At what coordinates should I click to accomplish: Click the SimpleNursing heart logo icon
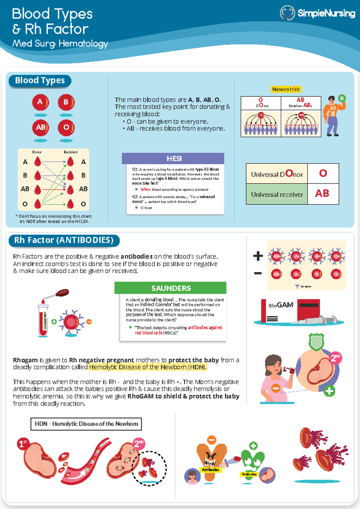click(x=287, y=13)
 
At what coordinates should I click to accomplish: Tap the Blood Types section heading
click(x=40, y=81)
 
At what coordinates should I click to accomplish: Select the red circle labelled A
click(x=40, y=102)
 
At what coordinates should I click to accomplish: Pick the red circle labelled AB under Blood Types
click(x=40, y=128)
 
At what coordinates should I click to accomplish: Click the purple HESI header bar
click(x=173, y=158)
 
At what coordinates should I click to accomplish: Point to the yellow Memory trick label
click(x=286, y=89)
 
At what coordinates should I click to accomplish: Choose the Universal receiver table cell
click(x=277, y=194)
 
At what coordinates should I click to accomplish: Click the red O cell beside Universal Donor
click(x=323, y=173)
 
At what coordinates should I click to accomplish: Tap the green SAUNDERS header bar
click(x=170, y=288)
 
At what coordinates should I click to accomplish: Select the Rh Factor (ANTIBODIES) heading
click(x=64, y=240)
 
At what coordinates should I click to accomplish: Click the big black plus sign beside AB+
click(x=258, y=256)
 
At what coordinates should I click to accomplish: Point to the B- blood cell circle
click(x=316, y=274)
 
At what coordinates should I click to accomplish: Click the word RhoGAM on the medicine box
click(x=281, y=305)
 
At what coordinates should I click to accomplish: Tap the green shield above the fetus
click(x=316, y=342)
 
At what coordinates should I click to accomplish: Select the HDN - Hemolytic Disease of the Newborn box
click(x=86, y=424)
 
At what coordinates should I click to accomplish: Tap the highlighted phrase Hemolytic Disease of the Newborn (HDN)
click(x=148, y=367)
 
